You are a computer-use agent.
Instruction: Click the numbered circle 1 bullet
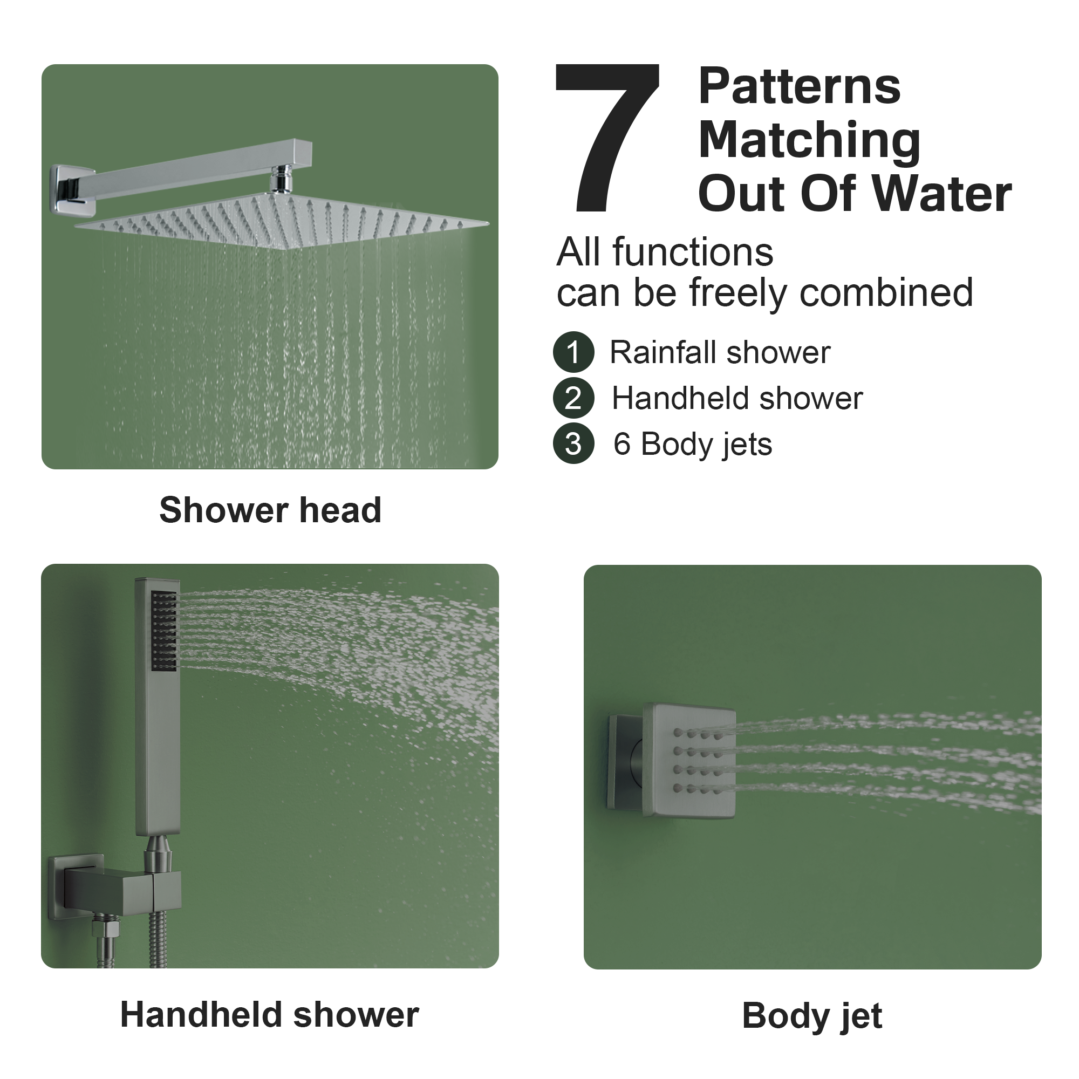tap(573, 352)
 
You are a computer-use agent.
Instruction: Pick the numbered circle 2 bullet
tap(573, 398)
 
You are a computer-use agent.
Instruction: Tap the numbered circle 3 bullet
tap(573, 444)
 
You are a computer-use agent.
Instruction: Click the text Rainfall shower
tap(719, 352)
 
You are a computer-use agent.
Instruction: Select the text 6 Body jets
tap(693, 445)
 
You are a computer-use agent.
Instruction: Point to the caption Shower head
tap(270, 510)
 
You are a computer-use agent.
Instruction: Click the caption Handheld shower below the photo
tap(269, 1014)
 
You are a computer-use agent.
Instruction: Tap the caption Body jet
tap(811, 1015)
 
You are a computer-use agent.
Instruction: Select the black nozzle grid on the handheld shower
tap(164, 631)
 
